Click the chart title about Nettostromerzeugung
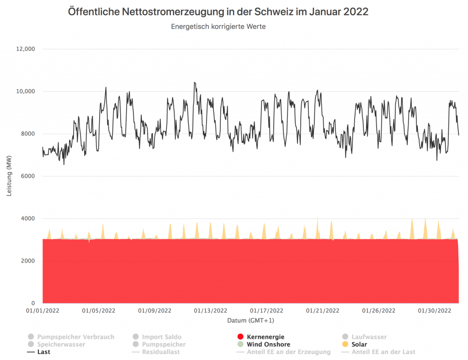pos(218,12)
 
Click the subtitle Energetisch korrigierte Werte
pos(218,27)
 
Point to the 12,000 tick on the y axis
pos(26,49)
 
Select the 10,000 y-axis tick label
pos(26,91)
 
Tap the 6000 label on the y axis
pos(28,176)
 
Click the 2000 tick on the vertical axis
pos(28,261)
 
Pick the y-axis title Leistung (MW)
pos(9,176)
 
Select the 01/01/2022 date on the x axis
pos(43,311)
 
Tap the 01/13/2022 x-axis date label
pos(210,311)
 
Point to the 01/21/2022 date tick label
pos(323,311)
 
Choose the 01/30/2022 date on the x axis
pos(435,311)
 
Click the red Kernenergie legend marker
pos(240,337)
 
